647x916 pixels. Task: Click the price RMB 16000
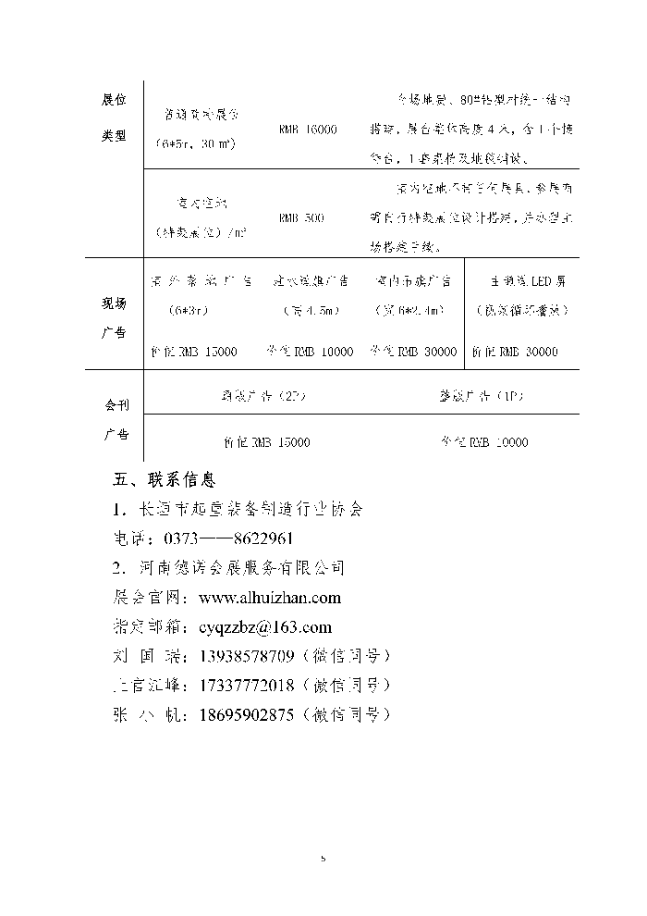pyautogui.click(x=308, y=130)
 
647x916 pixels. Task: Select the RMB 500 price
pyautogui.click(x=301, y=217)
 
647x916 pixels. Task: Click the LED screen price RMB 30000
pyautogui.click(x=515, y=352)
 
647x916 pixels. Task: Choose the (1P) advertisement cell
pyautogui.click(x=481, y=396)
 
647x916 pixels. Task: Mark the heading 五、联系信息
pyautogui.click(x=165, y=480)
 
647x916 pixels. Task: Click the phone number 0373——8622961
pyautogui.click(x=228, y=538)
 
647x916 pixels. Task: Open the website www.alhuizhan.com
pyautogui.click(x=270, y=598)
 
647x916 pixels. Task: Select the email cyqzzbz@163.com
pyautogui.click(x=265, y=626)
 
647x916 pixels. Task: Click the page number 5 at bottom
pyautogui.click(x=323, y=859)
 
